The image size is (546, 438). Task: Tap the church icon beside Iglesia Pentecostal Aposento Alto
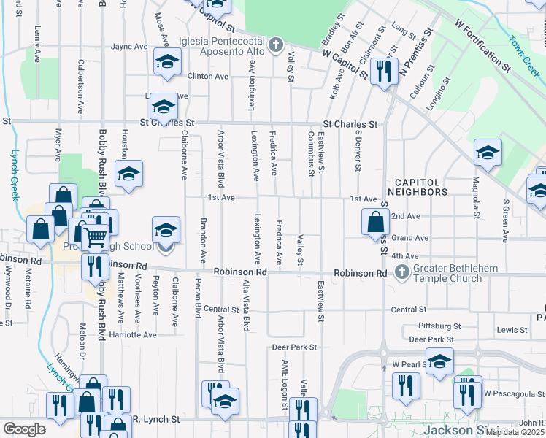click(276, 45)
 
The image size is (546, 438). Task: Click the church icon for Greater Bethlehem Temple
click(401, 273)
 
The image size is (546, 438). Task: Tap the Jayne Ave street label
click(129, 46)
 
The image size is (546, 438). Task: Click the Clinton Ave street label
click(204, 76)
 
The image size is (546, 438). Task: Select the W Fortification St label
click(482, 45)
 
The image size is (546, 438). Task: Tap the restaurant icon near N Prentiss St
click(380, 70)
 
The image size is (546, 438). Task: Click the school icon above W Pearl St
click(439, 361)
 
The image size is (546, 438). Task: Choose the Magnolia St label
click(476, 196)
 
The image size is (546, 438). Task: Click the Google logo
click(25, 429)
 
